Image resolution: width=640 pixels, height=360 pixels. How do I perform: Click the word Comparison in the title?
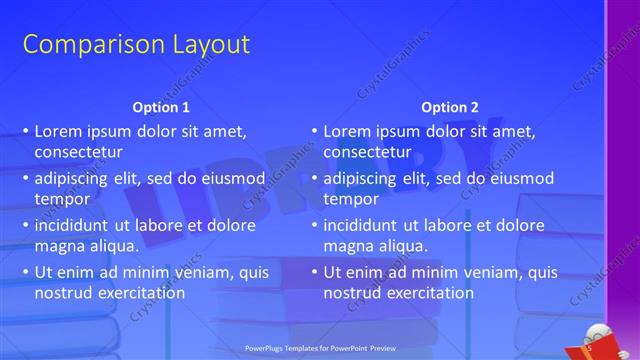click(83, 45)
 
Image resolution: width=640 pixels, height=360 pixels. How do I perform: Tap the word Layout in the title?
click(201, 45)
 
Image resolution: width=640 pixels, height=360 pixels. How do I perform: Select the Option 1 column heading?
click(160, 107)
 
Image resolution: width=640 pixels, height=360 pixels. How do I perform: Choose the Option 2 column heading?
click(450, 107)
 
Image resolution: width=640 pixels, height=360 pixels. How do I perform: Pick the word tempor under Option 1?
click(62, 199)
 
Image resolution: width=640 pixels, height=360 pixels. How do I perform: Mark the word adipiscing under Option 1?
click(76, 178)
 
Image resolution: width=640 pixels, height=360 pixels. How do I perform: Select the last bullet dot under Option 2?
click(314, 272)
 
